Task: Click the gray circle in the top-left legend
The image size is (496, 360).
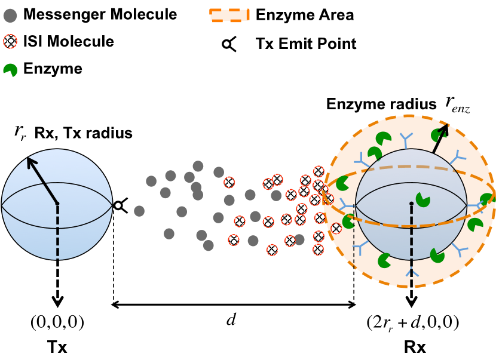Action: click(10, 16)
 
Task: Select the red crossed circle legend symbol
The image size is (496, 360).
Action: click(10, 41)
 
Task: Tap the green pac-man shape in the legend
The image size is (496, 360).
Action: click(10, 70)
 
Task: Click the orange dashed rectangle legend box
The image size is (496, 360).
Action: click(229, 15)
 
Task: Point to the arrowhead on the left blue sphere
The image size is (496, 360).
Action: click(30, 161)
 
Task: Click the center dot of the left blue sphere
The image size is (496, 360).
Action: click(57, 204)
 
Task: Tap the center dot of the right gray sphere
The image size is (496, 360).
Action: click(411, 204)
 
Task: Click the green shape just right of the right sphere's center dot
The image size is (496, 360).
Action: click(422, 199)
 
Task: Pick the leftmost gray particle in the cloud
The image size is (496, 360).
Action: click(139, 211)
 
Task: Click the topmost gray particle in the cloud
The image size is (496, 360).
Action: click(198, 166)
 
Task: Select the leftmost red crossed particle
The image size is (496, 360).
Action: click(229, 182)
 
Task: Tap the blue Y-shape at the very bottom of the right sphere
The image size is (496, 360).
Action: click(411, 275)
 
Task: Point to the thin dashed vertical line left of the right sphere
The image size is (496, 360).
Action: click(354, 239)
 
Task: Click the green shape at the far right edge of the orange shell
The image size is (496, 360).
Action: click(486, 199)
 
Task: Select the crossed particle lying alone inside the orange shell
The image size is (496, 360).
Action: click(336, 228)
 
